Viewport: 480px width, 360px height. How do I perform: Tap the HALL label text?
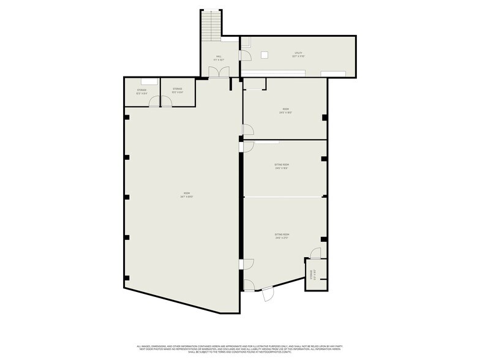(x=219, y=58)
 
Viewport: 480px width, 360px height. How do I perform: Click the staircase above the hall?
(x=209, y=25)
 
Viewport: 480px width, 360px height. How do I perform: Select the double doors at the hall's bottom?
(x=218, y=72)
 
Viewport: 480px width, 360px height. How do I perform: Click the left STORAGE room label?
(x=141, y=91)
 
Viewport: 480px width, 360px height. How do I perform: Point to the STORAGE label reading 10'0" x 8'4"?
(x=178, y=90)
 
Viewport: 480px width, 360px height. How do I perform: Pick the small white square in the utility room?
(x=264, y=54)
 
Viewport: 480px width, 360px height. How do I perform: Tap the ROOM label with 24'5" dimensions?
(x=285, y=111)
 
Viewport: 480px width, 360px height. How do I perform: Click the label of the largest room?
(x=184, y=195)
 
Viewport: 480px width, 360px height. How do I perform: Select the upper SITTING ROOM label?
(x=282, y=166)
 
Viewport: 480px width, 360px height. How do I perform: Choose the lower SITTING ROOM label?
(x=282, y=236)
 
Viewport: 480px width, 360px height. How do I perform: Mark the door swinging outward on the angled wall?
(x=268, y=295)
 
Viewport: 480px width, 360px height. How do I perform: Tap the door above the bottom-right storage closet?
(x=315, y=253)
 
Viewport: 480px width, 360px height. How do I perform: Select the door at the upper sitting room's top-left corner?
(x=248, y=146)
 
